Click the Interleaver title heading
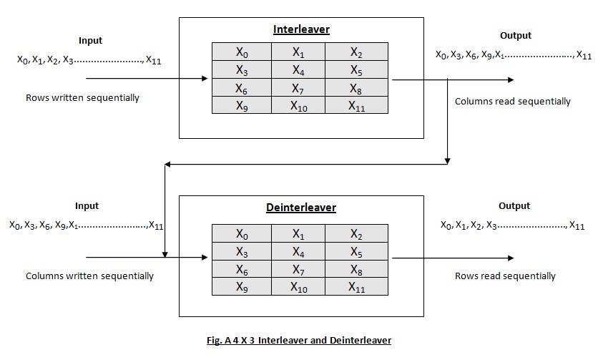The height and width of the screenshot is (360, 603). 302,29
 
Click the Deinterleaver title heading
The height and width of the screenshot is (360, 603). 301,208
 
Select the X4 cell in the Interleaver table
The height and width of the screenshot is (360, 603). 298,69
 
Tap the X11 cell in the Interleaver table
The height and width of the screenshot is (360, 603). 356,105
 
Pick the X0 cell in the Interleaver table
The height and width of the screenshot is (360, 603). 242,52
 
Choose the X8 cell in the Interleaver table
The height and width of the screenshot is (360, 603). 356,88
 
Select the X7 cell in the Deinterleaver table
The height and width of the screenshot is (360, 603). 298,269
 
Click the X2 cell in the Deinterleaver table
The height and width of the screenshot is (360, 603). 356,233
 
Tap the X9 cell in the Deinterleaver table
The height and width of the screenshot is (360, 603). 242,286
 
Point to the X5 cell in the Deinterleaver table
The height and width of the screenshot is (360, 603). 356,251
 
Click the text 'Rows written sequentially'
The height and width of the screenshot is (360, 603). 82,98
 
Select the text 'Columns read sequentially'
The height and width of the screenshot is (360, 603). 513,102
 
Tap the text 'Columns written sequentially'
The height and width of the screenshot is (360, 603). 89,276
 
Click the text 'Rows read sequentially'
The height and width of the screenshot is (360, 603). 505,276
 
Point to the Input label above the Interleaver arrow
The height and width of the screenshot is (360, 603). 90,41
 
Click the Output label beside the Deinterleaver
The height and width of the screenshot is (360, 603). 514,206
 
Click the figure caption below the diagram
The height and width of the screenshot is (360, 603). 299,341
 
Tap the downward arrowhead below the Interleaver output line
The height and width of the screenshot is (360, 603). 447,161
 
